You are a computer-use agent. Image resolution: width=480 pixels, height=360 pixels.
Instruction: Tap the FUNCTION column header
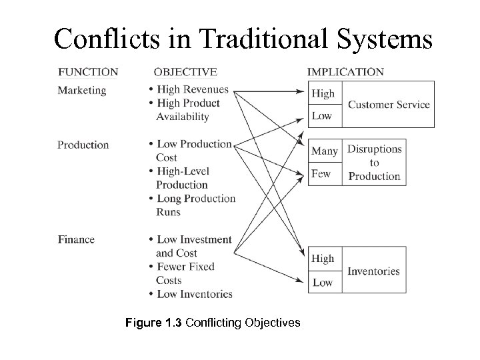point(88,72)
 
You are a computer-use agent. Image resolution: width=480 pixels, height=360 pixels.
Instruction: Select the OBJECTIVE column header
point(185,72)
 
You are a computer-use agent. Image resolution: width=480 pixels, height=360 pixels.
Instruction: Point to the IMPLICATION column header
point(345,72)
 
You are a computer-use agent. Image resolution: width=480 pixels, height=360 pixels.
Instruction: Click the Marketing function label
point(81,89)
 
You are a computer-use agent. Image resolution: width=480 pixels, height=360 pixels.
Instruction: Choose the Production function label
point(83,145)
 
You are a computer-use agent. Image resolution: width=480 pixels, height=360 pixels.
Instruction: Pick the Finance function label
point(76,239)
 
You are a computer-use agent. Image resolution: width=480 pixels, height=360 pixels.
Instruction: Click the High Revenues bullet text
point(192,89)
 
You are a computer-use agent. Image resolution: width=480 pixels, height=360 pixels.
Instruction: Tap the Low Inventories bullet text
point(194,294)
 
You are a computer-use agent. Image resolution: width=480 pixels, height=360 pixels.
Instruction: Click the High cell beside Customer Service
point(323,93)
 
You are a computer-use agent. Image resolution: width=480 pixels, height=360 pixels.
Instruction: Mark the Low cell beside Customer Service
point(322,116)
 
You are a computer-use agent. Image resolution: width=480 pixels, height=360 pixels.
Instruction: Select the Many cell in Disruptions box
point(325,151)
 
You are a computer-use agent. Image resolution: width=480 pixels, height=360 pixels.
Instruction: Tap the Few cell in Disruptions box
point(321,174)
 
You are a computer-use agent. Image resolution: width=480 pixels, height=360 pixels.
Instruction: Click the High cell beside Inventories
point(323,259)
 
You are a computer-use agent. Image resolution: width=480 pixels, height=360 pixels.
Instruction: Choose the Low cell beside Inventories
point(322,282)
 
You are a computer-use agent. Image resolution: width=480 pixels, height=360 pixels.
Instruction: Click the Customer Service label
point(389,105)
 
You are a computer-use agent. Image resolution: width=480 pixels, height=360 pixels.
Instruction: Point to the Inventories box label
point(373,271)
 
